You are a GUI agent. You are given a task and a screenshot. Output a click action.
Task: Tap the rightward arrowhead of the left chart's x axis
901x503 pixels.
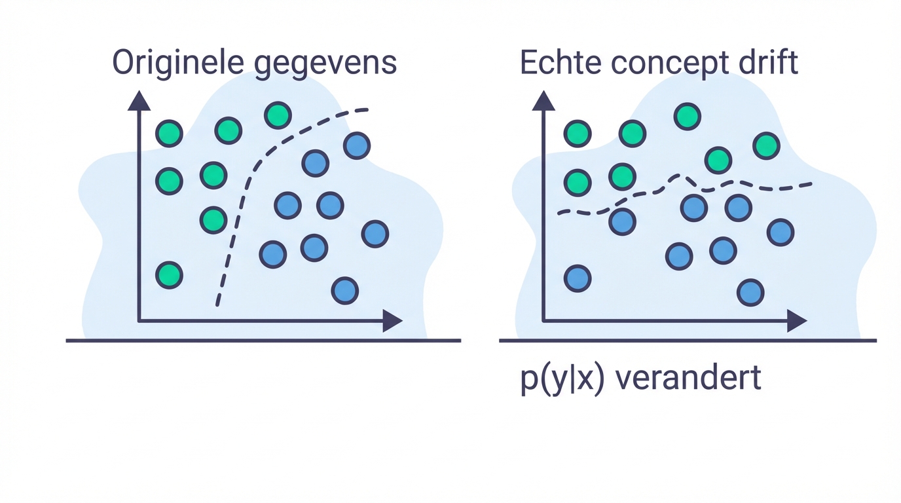392,321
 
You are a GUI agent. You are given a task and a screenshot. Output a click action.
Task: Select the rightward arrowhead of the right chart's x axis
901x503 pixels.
797,321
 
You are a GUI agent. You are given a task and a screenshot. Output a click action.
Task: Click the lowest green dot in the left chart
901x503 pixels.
169,275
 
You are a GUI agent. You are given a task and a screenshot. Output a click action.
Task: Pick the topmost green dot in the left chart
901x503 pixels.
278,115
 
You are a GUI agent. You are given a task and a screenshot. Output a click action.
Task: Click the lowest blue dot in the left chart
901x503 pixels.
344,291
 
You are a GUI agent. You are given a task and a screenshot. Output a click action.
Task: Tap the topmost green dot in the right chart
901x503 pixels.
687,117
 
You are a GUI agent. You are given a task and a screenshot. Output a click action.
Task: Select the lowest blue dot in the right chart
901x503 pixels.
750,293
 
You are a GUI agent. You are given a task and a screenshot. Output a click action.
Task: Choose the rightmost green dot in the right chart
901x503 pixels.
766,145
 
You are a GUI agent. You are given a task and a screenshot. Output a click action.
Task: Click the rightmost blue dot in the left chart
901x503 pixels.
375,234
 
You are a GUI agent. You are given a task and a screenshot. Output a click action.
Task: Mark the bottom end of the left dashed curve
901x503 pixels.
217,304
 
